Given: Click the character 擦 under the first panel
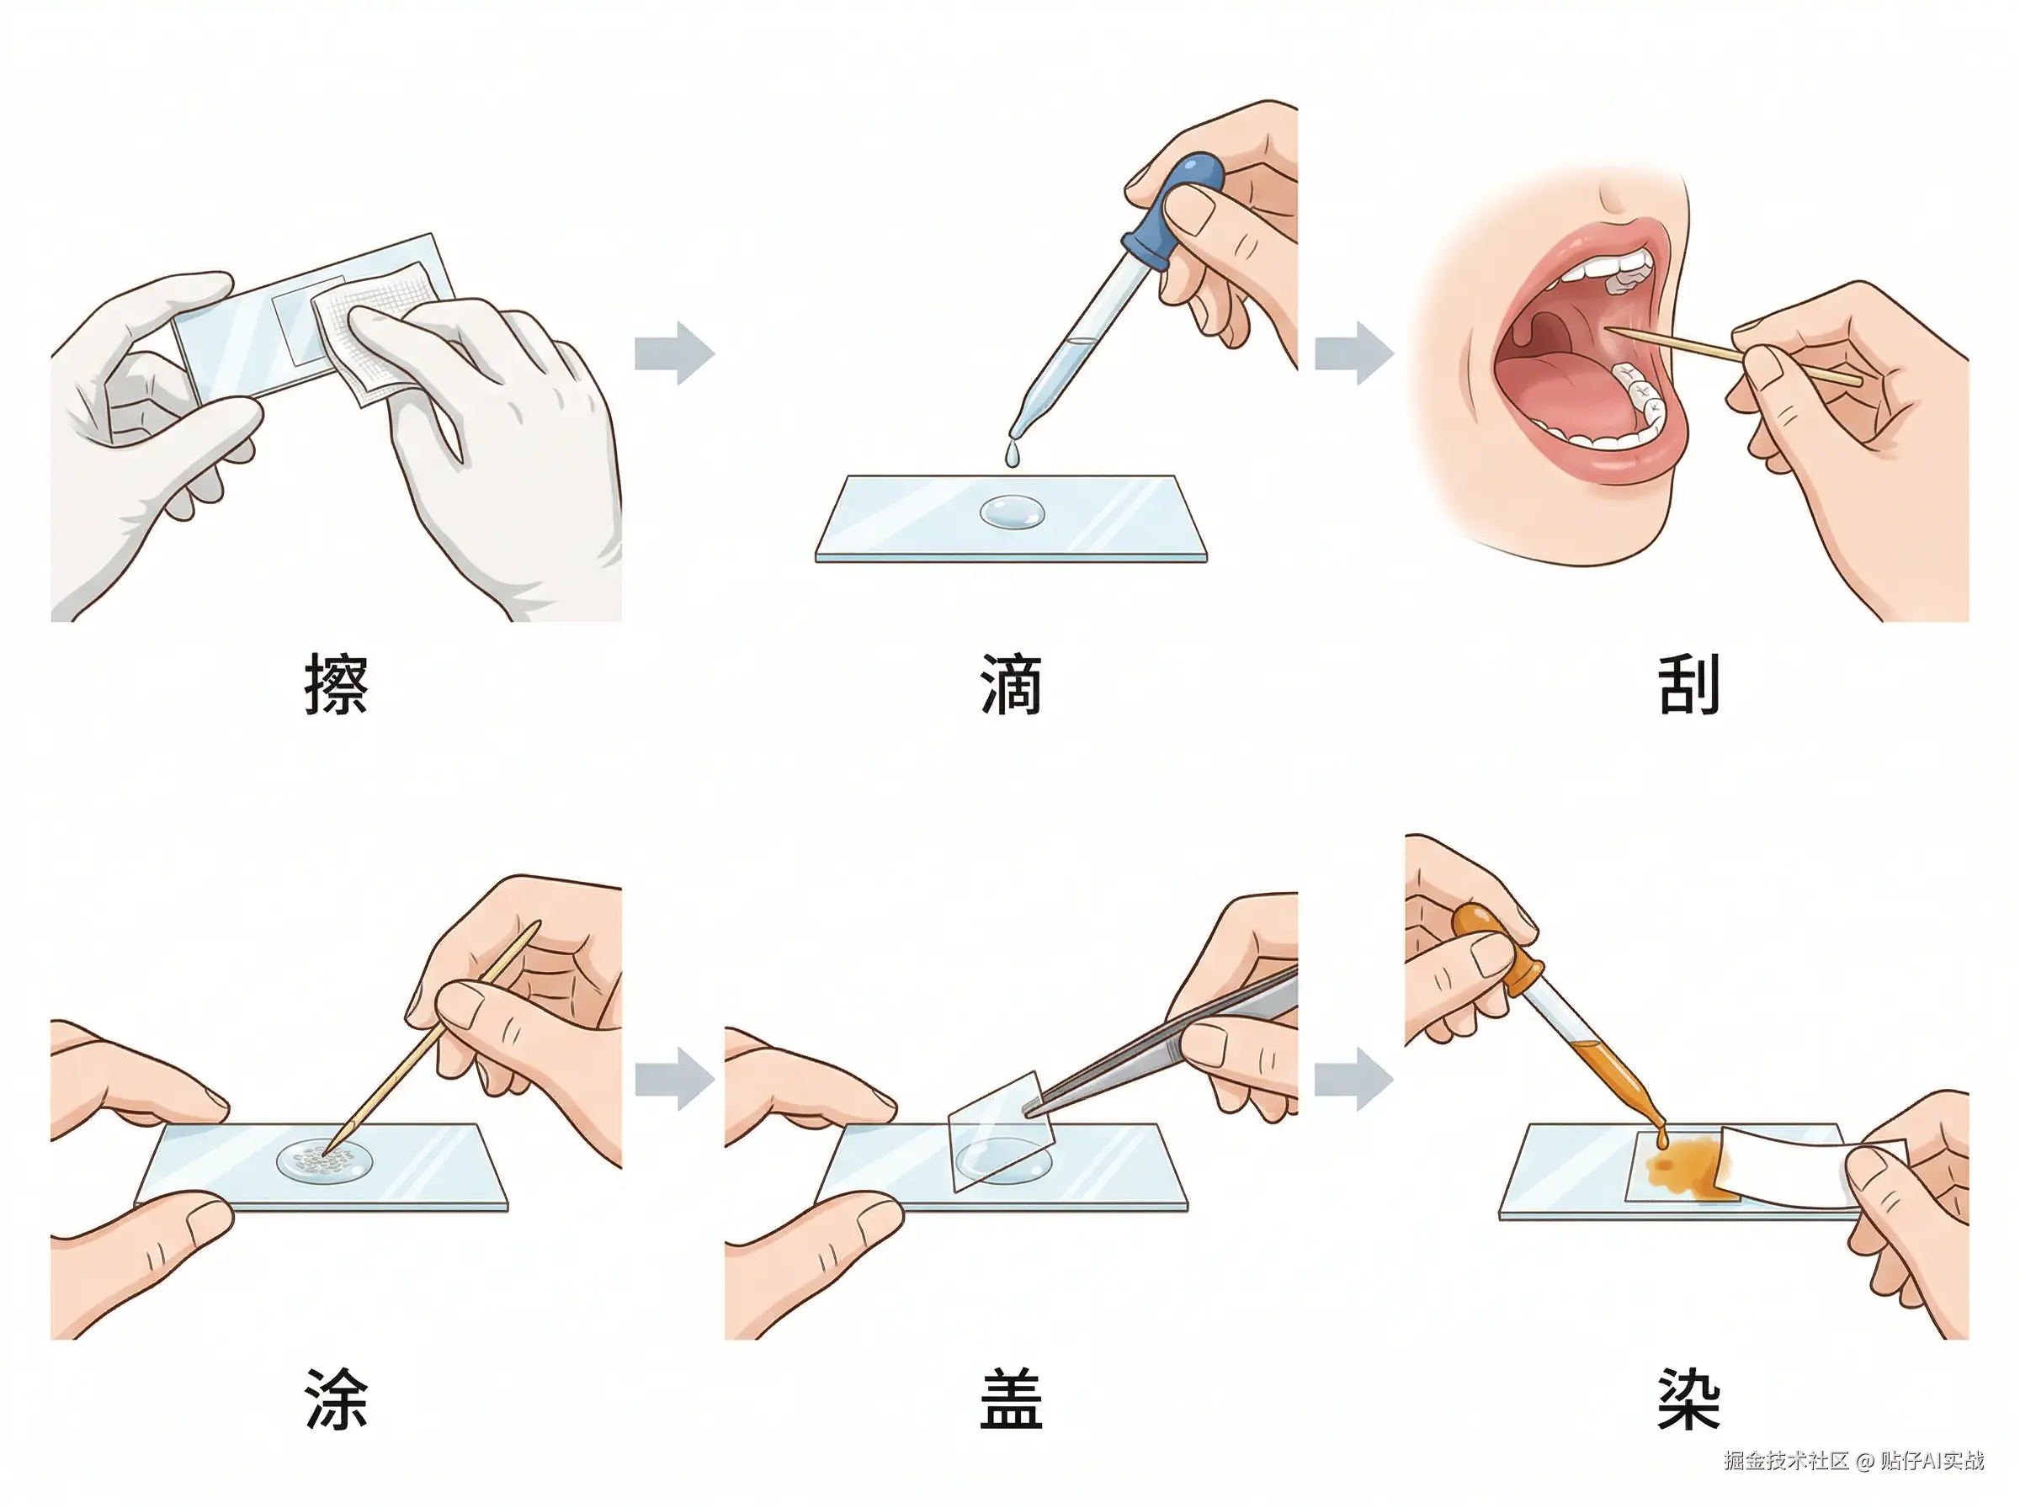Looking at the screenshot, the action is pos(336,682).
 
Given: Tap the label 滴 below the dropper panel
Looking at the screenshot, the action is pos(1012,682).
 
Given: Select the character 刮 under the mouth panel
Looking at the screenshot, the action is pos(1688,682).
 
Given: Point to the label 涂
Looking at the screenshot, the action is pos(336,1399).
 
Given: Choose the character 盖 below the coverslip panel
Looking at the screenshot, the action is pos(1012,1399).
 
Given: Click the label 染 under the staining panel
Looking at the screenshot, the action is pos(1688,1399).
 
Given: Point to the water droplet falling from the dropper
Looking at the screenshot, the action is pos(1013,455).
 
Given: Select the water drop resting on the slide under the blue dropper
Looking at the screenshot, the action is pos(1013,512).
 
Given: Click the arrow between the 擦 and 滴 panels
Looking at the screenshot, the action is pos(674,353).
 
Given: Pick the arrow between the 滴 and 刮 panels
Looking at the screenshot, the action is pos(1353,353).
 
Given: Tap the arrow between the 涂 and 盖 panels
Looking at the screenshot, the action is pos(674,1079).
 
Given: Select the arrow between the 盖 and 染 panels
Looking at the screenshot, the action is pos(1353,1079).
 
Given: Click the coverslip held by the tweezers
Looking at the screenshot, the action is pos(1001,1132).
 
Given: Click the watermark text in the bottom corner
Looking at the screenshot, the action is pos(1854,1461).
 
